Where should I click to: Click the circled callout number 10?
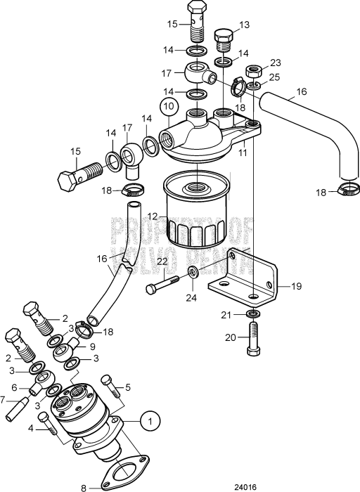click(x=169, y=106)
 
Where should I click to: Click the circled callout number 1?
click(x=150, y=420)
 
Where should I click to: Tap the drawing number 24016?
click(x=246, y=487)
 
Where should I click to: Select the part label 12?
click(x=152, y=216)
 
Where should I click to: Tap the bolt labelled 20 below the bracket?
click(x=252, y=338)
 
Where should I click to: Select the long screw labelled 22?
click(x=162, y=285)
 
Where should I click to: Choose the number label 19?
click(x=296, y=286)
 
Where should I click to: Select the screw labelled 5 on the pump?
click(x=110, y=386)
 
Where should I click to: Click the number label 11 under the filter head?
click(x=243, y=153)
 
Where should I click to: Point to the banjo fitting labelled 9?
click(x=67, y=350)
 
